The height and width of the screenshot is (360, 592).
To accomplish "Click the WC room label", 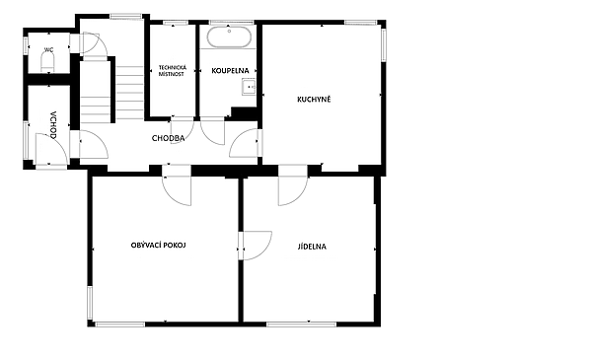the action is tap(48, 50).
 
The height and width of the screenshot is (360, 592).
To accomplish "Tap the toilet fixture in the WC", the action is tap(47, 62).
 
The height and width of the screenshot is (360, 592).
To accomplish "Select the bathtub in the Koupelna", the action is tap(229, 36).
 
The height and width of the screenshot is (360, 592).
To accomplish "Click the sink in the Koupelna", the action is tap(249, 87).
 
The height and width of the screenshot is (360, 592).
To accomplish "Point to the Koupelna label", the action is tap(230, 71).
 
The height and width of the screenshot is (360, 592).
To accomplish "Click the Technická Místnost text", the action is tap(172, 71).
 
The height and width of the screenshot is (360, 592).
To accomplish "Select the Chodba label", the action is tap(169, 138).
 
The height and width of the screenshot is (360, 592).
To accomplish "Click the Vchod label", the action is tap(53, 125).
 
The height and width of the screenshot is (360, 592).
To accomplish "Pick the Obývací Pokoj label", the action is tap(159, 246).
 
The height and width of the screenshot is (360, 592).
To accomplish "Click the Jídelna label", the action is tap(312, 247).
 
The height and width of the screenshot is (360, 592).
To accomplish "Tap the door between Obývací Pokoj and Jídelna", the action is tap(256, 246).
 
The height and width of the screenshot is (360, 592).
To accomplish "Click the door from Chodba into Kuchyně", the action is tap(246, 143).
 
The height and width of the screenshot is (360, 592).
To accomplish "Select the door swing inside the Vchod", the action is tap(51, 149).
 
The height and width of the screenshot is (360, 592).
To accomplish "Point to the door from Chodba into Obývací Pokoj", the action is tap(177, 184).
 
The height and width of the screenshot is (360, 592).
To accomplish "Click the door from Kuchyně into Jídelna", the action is tap(293, 184).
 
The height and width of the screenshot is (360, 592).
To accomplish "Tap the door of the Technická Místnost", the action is tap(182, 130).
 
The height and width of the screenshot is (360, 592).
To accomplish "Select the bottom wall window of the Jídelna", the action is tap(302, 324).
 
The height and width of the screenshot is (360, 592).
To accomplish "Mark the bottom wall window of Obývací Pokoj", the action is tap(120, 324).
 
